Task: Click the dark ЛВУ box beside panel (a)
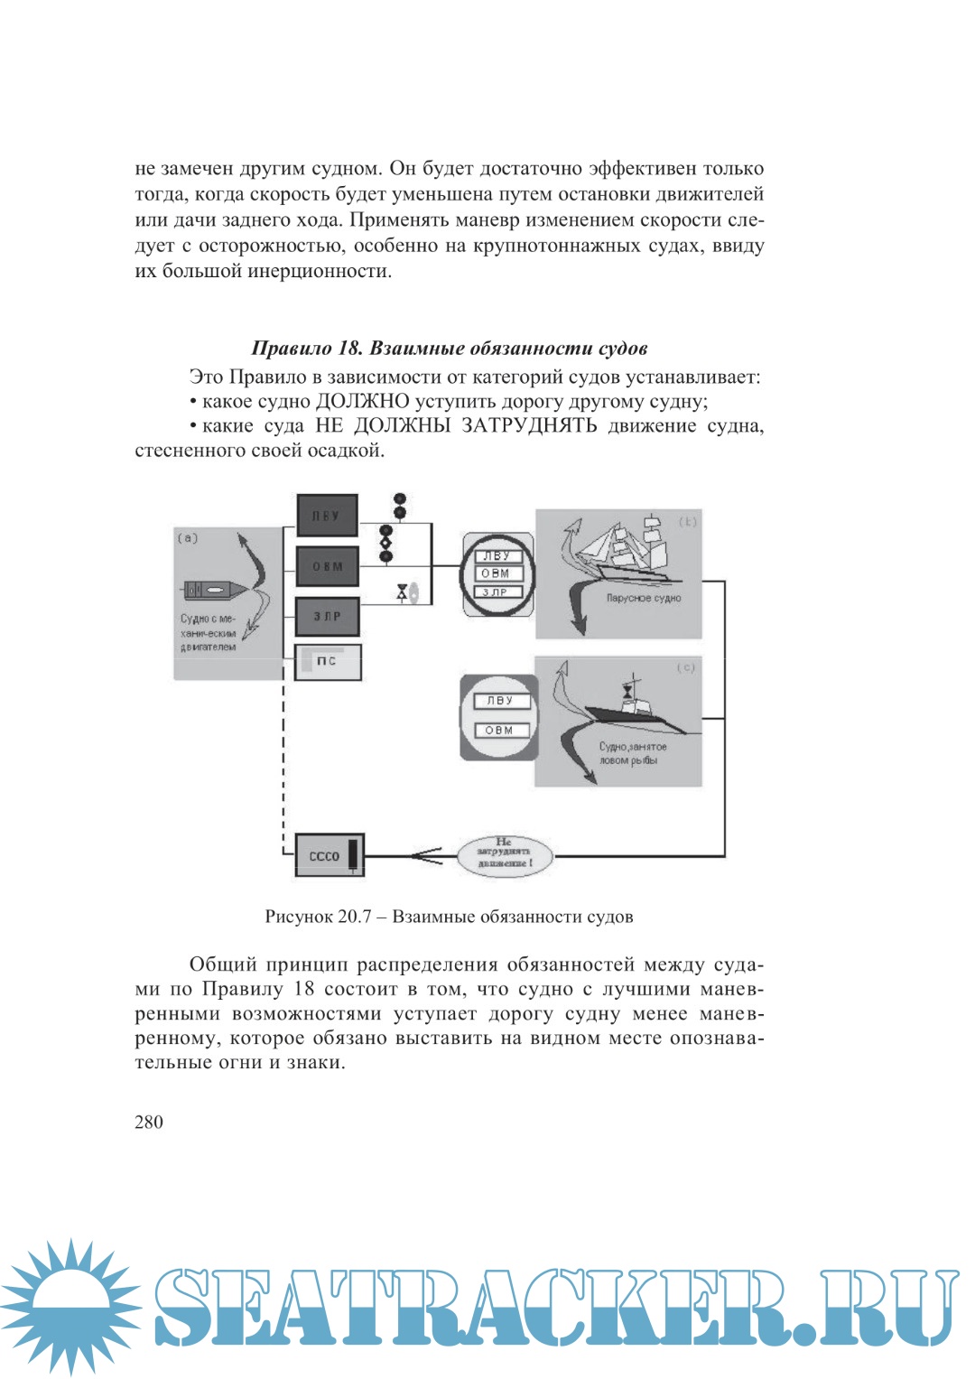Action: [x=327, y=516]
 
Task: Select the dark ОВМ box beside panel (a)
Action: [x=327, y=566]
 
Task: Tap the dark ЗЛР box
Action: [x=327, y=617]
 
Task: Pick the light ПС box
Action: [x=328, y=661]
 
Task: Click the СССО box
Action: [x=330, y=855]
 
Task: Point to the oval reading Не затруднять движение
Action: [x=505, y=853]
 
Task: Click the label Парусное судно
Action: [x=643, y=598]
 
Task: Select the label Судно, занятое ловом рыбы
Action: [x=632, y=753]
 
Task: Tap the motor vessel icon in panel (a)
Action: [x=214, y=590]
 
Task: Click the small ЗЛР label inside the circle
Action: [x=496, y=592]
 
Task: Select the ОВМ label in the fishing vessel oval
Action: [x=500, y=730]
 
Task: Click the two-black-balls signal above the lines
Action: [x=400, y=506]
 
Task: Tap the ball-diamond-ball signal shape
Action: [x=386, y=544]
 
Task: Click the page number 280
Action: [x=149, y=1123]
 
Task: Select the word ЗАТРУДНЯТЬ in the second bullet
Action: [x=529, y=425]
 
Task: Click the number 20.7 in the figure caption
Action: [x=355, y=917]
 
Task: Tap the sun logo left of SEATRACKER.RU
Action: [x=70, y=1307]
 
